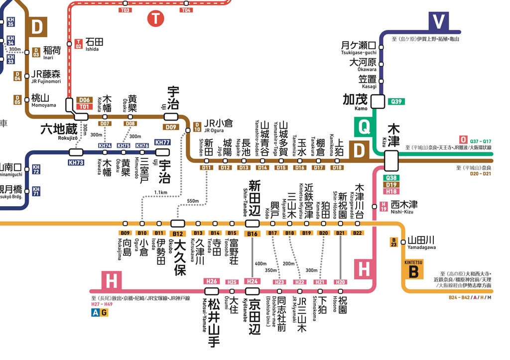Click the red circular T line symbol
[x=156, y=19]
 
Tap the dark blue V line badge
[x=438, y=22]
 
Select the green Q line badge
[x=365, y=127]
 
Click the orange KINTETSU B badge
[x=413, y=269]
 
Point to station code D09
[x=171, y=127]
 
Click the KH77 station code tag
[x=163, y=142]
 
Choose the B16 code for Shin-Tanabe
[x=253, y=234]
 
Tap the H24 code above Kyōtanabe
[x=253, y=282]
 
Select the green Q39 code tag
[x=396, y=102]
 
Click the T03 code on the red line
[x=125, y=10]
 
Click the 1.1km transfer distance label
[x=160, y=192]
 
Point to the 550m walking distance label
[x=193, y=201]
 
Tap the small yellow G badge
[x=104, y=313]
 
